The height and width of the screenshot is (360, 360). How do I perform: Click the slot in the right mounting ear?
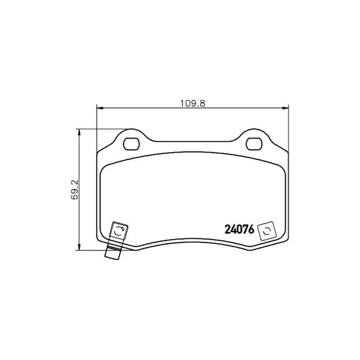click(x=255, y=143)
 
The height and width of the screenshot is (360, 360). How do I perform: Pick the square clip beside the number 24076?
click(x=267, y=230)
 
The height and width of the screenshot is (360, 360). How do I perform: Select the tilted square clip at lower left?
click(x=118, y=233)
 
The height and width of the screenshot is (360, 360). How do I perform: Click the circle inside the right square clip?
click(x=267, y=230)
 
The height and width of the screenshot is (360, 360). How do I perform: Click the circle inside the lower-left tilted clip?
click(x=119, y=233)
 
